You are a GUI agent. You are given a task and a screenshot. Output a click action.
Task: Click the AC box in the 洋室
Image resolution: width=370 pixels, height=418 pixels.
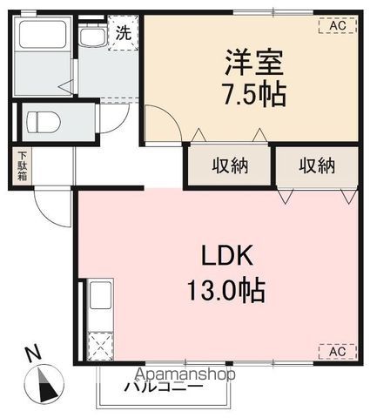tap(337, 26)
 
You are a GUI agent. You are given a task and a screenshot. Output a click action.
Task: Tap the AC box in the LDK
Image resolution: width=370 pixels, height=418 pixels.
tap(337, 351)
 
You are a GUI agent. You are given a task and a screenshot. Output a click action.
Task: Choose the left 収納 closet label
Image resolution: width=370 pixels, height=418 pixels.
tap(230, 165)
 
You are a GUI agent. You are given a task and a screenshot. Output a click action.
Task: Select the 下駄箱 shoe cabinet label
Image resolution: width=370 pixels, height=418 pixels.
tap(21, 166)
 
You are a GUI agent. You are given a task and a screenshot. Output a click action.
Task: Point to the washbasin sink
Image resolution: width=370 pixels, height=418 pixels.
tap(91, 38)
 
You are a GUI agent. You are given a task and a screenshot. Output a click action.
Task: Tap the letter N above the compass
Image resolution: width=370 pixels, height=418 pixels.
tap(33, 354)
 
